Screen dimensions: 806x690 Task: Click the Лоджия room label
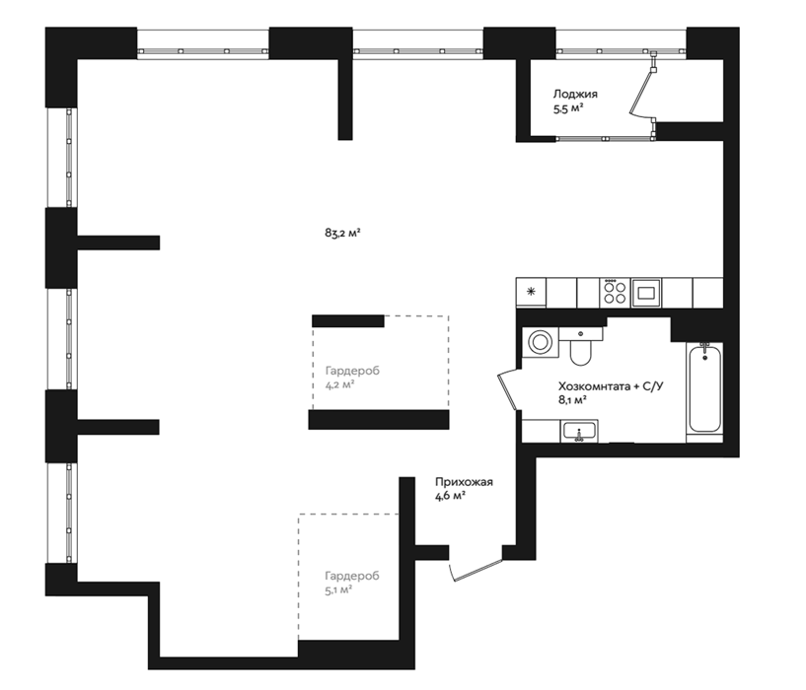click(x=575, y=94)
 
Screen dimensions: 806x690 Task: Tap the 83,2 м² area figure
click(x=341, y=233)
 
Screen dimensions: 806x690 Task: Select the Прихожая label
click(x=464, y=482)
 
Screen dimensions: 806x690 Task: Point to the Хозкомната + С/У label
click(x=611, y=385)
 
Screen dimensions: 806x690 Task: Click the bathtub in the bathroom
click(x=704, y=388)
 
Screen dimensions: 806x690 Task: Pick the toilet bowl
click(x=581, y=348)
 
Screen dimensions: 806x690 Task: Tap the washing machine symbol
click(x=540, y=342)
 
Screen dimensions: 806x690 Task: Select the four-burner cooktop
click(x=615, y=293)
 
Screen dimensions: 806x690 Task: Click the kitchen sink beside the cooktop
click(x=646, y=293)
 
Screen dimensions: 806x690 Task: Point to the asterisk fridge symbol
click(x=531, y=292)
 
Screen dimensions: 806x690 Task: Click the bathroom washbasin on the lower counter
click(x=580, y=431)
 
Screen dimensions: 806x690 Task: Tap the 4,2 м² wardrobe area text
click(x=339, y=384)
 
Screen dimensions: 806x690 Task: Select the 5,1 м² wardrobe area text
click(x=338, y=589)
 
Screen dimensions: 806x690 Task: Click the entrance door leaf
click(x=476, y=571)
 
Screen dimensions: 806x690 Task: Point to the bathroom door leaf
click(x=507, y=390)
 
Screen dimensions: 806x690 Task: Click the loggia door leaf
click(x=642, y=91)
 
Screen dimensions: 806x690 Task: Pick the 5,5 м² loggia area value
click(x=568, y=108)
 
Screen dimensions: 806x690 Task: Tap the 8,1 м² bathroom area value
click(x=572, y=400)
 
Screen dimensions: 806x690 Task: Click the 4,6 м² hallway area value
click(x=450, y=496)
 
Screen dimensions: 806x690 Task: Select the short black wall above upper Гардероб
click(x=348, y=321)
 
